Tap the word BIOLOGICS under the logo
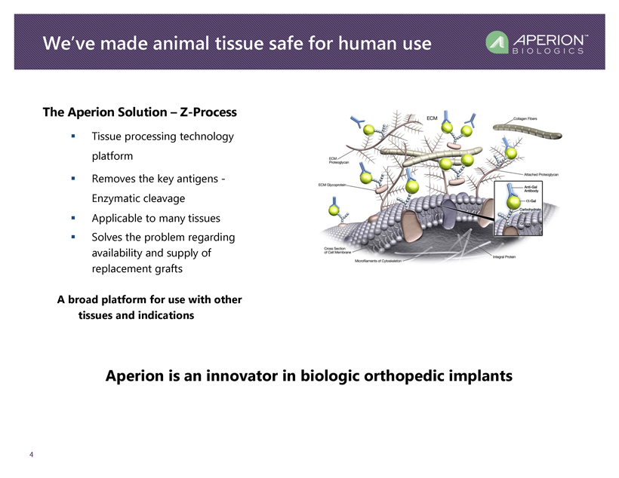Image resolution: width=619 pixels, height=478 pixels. click(548, 51)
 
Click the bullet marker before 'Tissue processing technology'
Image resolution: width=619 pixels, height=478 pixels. click(73, 136)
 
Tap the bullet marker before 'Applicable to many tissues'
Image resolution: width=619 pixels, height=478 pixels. click(73, 218)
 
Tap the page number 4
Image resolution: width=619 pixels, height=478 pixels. click(31, 455)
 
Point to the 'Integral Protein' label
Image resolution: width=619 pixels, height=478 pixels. click(508, 256)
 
